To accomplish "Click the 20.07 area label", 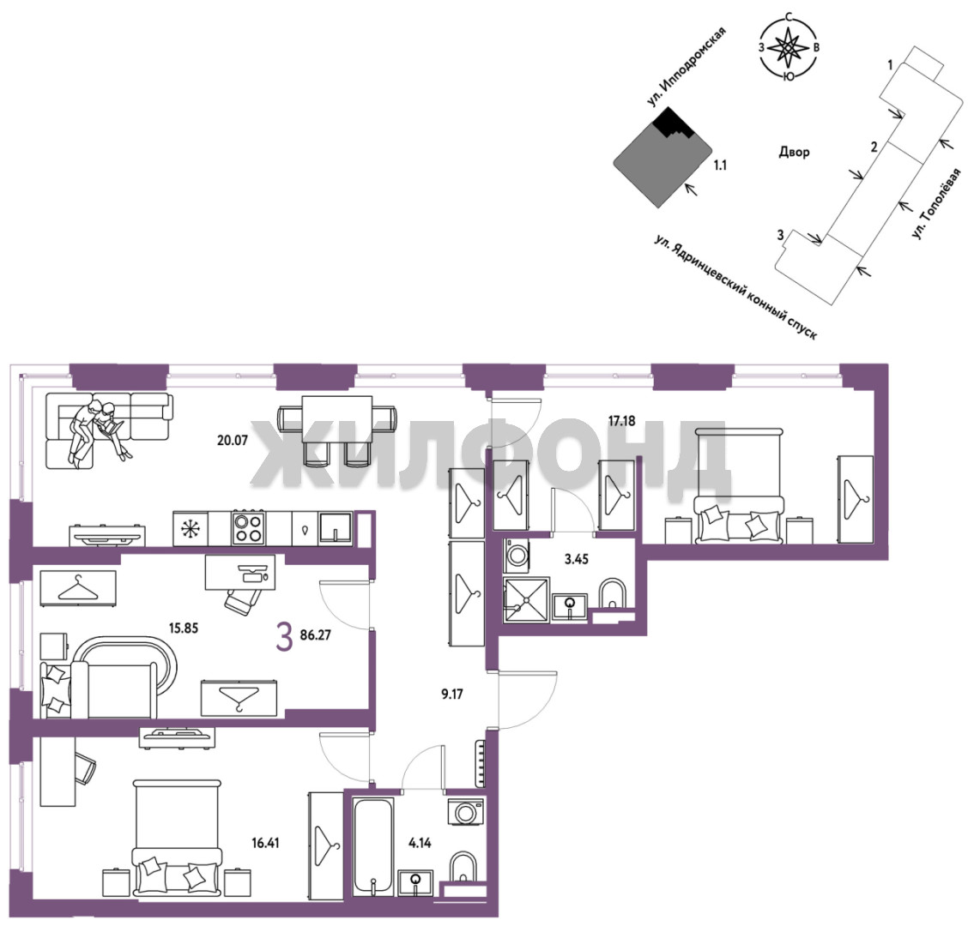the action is click(233, 440).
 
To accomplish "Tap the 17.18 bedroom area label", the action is click(622, 421).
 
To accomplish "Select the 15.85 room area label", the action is click(184, 628).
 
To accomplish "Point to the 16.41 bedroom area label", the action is click(265, 843).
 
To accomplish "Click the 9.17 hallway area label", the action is click(452, 694).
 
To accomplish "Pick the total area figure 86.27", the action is click(316, 635).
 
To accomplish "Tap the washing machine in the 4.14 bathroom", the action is click(466, 812).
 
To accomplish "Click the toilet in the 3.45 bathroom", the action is click(612, 594).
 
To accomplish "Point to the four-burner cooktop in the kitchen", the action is click(249, 528).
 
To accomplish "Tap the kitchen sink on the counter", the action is click(336, 527).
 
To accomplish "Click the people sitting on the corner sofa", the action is click(101, 431).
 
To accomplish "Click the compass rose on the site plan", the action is click(789, 47).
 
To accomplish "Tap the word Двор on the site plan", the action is click(795, 152).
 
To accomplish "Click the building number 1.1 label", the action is click(720, 165).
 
